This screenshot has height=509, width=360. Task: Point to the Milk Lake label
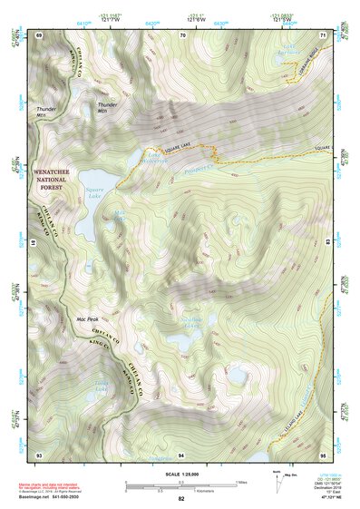[122, 217]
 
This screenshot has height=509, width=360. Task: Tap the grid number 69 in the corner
[39, 34]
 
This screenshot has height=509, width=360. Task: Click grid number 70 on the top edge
[184, 34]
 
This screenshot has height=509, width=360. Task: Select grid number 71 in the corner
[324, 34]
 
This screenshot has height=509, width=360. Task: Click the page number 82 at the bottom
[181, 499]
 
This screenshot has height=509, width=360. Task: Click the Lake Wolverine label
[154, 157]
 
